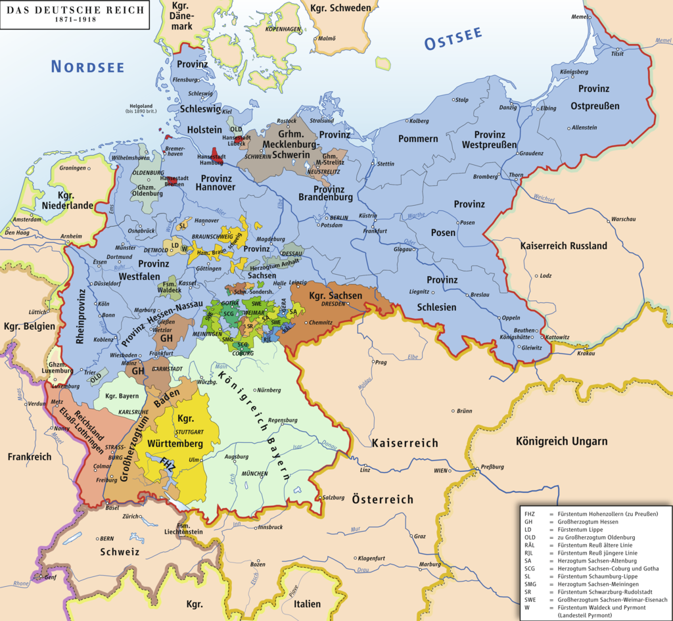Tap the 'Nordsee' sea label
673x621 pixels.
pyautogui.click(x=87, y=66)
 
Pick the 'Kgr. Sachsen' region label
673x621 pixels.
pyautogui.click(x=335, y=296)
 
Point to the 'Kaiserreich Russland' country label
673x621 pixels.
pyautogui.click(x=563, y=245)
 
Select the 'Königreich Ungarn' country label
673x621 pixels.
pyautogui.click(x=561, y=441)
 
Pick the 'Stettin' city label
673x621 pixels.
pyautogui.click(x=385, y=164)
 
